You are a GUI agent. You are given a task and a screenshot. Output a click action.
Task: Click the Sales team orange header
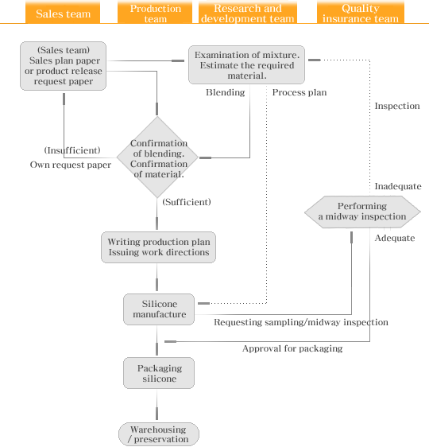coord(63,12)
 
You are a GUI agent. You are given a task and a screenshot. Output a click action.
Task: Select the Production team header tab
coord(155,12)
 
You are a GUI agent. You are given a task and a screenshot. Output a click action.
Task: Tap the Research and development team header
coord(248,12)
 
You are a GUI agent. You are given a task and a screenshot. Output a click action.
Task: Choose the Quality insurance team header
coord(361,12)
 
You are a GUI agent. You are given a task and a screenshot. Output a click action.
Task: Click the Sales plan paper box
coord(64,66)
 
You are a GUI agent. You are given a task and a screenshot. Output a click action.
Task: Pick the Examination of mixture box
coord(246,64)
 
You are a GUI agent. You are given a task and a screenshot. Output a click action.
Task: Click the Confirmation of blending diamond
coord(157,157)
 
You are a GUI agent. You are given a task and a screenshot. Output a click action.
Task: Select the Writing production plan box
coord(159,247)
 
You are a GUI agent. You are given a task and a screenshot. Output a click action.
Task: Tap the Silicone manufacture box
coord(159,309)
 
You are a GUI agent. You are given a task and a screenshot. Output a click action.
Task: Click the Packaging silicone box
coord(159,373)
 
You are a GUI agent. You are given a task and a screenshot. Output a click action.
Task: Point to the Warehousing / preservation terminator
coord(159,434)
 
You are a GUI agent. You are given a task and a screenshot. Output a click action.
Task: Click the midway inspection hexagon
coord(362,212)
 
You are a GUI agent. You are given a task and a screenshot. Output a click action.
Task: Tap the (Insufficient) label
coord(72,150)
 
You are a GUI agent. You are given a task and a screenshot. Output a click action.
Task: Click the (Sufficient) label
coord(187,202)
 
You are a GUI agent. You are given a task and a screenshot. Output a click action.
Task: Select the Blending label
coord(226,92)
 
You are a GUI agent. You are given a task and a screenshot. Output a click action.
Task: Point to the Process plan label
coord(300,92)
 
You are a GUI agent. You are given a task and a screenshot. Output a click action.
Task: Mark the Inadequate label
coord(398,186)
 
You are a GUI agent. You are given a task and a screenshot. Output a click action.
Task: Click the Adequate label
coord(395,238)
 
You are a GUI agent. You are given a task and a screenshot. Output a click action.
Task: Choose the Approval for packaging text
coord(292,348)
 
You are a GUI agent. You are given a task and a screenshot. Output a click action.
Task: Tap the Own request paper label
coord(71,165)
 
